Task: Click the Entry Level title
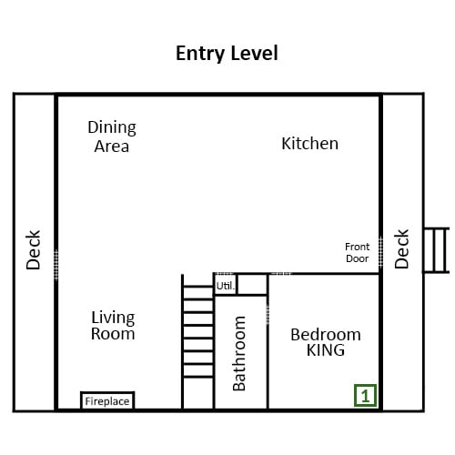pos(227,54)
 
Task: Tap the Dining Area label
pos(112,136)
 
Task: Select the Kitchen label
pos(309,144)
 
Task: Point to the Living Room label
pos(113,326)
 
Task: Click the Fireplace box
pos(107,400)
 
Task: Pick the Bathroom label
pos(239,353)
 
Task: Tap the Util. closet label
pos(226,286)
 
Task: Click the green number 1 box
pos(366,396)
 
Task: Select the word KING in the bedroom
pos(326,350)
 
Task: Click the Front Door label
pos(358,252)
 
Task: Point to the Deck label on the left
pos(33,250)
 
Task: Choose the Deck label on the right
pos(401,249)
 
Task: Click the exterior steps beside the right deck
pos(437,250)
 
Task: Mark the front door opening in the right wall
pos(380,252)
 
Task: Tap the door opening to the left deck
pos(56,265)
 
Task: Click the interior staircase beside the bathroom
pos(198,342)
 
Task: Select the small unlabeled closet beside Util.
pos(252,284)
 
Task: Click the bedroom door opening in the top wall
pos(280,274)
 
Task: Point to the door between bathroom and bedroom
pos(268,314)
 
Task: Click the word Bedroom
pos(326,335)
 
